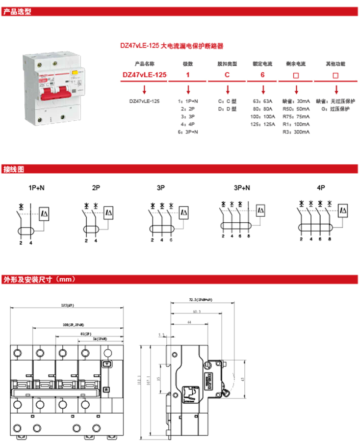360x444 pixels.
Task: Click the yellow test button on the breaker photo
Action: [x=75, y=73]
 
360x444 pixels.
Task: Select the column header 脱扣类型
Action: [x=227, y=64]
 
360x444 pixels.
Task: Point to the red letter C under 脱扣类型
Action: [x=227, y=75]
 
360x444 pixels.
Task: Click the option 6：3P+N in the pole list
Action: [x=188, y=132]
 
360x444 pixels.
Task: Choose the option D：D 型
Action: [x=227, y=108]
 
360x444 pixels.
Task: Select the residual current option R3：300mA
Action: [x=296, y=132]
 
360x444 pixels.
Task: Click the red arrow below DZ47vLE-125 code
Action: [x=144, y=90]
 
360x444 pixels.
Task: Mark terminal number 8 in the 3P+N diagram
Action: [x=248, y=237]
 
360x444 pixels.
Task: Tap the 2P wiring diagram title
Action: [x=96, y=188]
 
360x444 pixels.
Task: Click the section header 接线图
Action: [x=14, y=170]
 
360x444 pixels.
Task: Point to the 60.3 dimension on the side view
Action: [x=197, y=312]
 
